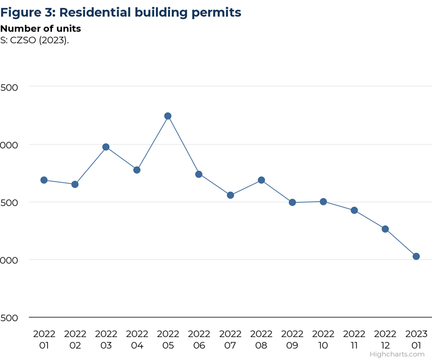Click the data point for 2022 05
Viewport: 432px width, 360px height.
[x=168, y=116]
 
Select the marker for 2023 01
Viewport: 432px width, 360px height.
[x=416, y=256]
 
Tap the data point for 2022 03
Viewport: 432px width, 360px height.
[x=106, y=147]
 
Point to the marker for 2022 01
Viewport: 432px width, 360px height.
[x=44, y=180]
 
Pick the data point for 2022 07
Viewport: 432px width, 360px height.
[x=230, y=195]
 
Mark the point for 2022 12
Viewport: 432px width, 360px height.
[x=385, y=229]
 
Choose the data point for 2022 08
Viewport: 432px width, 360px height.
[x=261, y=180]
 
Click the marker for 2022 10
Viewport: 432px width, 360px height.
[x=323, y=202]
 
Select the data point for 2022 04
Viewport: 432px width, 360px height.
[x=137, y=170]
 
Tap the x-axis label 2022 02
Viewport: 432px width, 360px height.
[x=75, y=339]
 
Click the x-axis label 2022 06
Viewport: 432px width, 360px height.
[x=199, y=339]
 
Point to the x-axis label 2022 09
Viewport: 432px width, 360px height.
[x=292, y=339]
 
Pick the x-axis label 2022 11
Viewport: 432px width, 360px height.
[x=354, y=339]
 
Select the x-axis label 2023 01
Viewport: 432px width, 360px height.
[x=416, y=339]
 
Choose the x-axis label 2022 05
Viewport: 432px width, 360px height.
[x=168, y=339]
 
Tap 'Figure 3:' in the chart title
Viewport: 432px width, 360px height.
[x=28, y=12]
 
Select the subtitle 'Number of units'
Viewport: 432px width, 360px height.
[x=40, y=28]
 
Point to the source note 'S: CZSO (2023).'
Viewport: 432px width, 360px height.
[x=35, y=40]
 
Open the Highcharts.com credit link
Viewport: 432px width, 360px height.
[x=397, y=354]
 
